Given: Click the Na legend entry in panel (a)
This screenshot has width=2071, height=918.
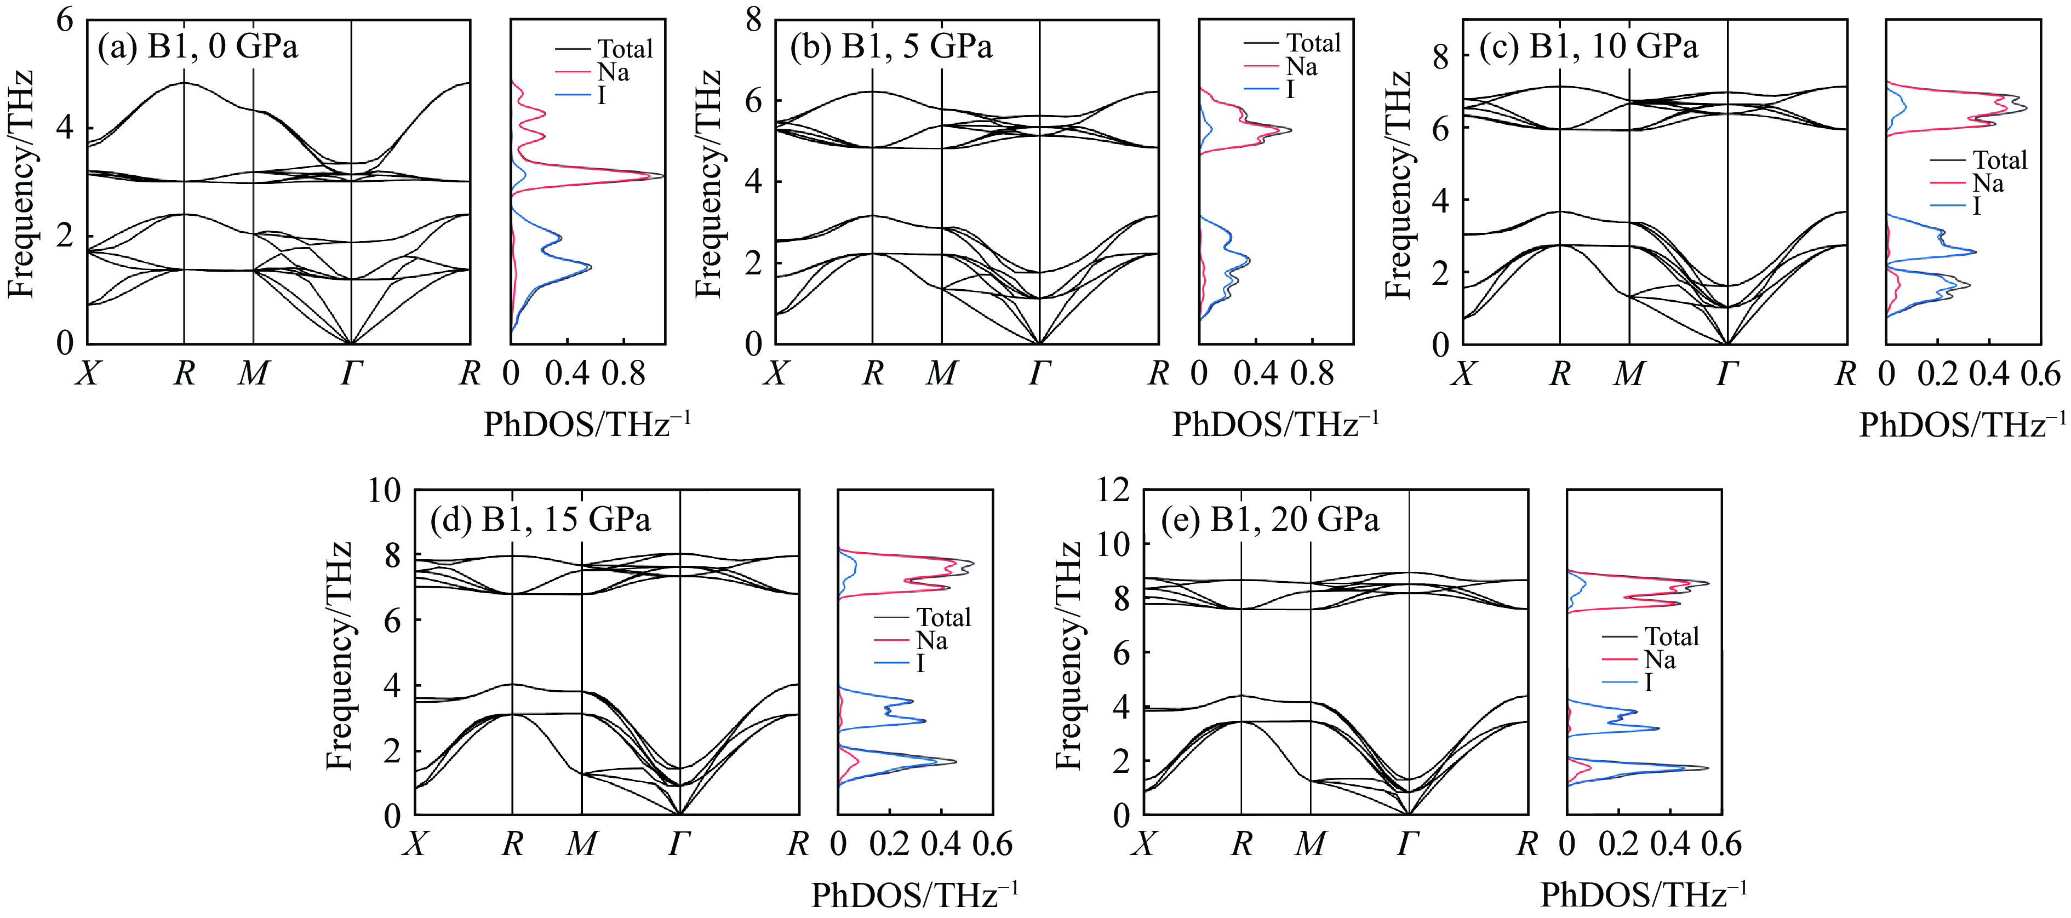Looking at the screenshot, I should tap(613, 72).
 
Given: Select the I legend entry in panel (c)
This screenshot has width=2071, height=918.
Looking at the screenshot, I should tap(1977, 206).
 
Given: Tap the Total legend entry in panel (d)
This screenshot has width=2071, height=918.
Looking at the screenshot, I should tap(944, 617).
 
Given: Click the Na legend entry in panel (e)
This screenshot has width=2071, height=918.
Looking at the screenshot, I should tap(1660, 660).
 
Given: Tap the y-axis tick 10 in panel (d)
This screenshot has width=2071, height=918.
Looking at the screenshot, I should tap(384, 490).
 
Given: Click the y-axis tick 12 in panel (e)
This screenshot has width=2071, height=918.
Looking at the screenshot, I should tap(1113, 490).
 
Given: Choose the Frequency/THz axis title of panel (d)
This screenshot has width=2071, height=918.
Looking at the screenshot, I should tap(339, 655).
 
